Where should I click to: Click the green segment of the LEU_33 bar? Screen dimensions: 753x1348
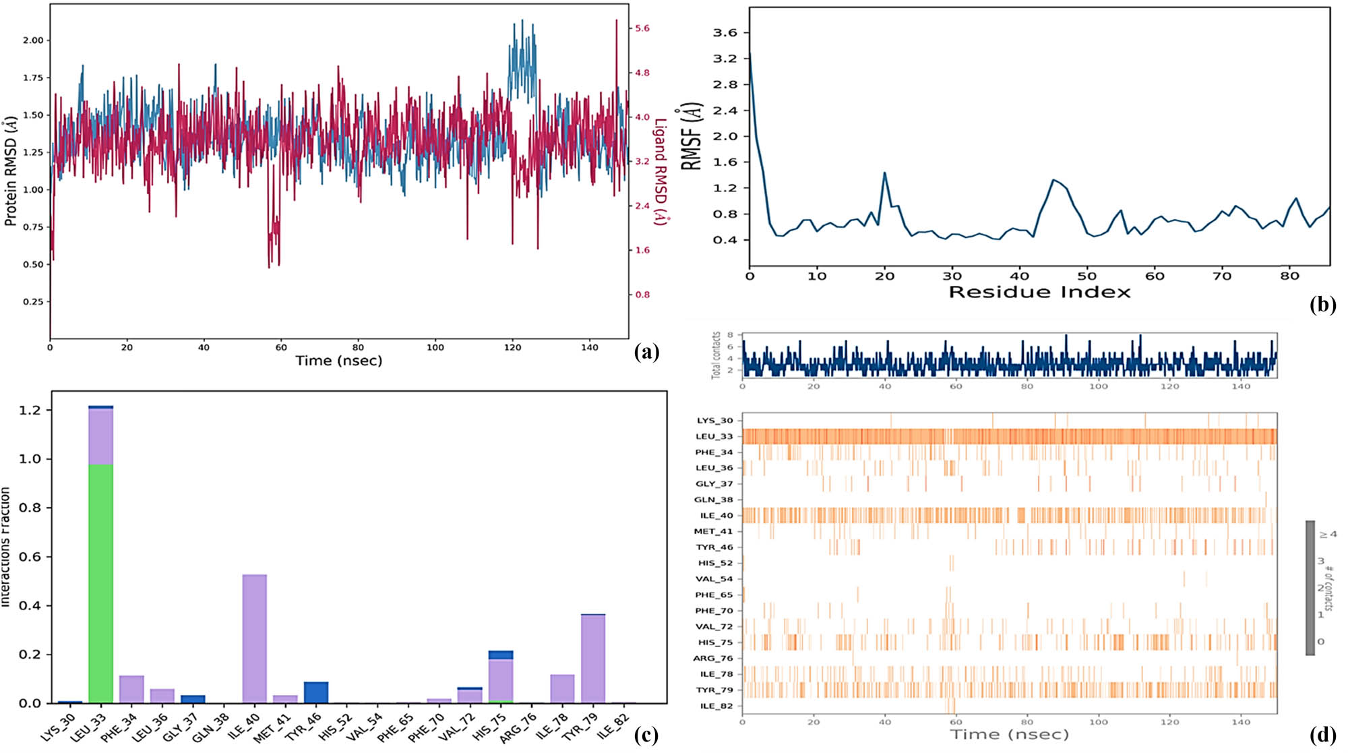point(101,583)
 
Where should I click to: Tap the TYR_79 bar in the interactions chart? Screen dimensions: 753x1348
point(592,658)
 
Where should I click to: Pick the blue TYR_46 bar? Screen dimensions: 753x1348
point(316,692)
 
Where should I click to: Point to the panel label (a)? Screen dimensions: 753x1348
point(646,351)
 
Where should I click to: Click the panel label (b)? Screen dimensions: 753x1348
point(1322,305)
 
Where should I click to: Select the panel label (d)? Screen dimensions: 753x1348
point(1322,734)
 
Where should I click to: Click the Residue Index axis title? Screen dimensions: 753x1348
point(1039,292)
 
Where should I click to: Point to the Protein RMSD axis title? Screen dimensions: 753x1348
point(10,172)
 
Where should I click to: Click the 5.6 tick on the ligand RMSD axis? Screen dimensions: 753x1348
point(642,28)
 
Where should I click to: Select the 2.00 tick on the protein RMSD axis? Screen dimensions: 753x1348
point(33,40)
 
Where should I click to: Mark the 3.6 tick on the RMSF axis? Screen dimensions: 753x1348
point(725,32)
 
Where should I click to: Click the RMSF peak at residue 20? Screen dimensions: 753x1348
point(884,173)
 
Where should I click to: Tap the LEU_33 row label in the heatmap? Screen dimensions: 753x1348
point(714,436)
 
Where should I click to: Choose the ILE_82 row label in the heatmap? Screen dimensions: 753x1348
point(715,706)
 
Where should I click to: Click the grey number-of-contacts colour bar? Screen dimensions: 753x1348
point(1310,587)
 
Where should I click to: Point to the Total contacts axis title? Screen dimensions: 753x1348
point(716,355)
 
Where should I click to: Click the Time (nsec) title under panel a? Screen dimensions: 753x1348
point(338,361)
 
